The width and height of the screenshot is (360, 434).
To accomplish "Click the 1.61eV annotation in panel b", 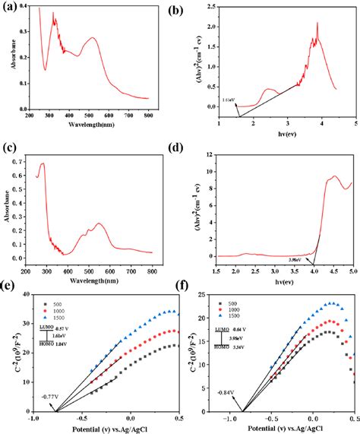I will (x=228, y=100).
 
